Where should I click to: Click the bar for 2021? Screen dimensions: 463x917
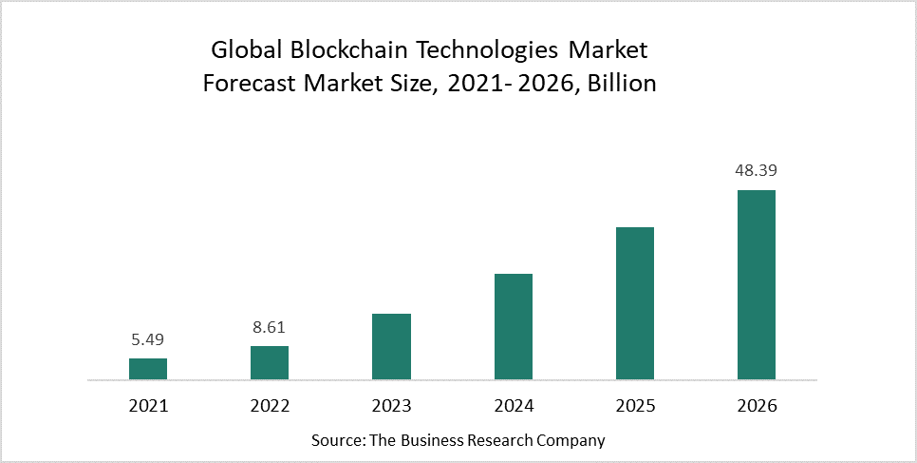click(x=148, y=369)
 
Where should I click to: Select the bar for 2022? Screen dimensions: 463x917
click(x=270, y=363)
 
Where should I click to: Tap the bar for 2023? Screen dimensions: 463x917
click(x=391, y=347)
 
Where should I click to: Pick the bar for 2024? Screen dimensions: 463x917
click(x=514, y=327)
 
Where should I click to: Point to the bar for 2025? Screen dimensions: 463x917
click(x=635, y=303)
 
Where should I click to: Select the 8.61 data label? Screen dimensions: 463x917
click(x=270, y=328)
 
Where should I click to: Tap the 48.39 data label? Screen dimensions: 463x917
click(x=757, y=172)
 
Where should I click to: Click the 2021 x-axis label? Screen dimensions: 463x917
click(x=148, y=406)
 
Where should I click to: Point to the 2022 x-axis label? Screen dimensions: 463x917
click(x=270, y=406)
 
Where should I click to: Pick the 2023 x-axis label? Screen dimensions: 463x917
click(x=391, y=406)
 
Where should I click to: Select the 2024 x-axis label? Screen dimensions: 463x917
click(x=514, y=406)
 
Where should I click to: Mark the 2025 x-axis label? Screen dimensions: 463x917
click(x=635, y=406)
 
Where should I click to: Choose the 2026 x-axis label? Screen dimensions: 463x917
click(x=757, y=406)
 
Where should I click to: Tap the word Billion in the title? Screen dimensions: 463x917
click(x=622, y=83)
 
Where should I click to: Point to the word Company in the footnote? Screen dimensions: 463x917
click(x=571, y=440)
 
